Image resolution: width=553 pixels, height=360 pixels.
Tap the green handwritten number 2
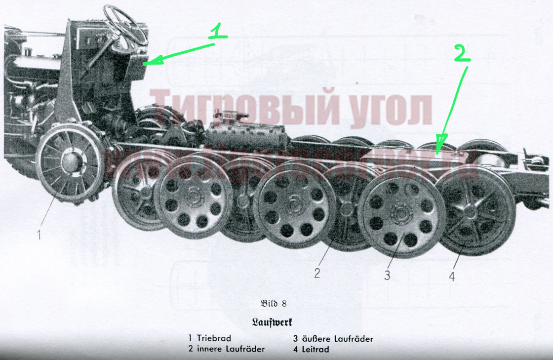point(460,51)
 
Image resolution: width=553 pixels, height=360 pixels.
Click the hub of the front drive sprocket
point(71,161)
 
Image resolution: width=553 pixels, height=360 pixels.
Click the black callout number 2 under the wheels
point(317,273)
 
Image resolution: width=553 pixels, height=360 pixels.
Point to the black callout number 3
point(387,275)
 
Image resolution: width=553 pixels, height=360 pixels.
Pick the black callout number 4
point(451,276)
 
